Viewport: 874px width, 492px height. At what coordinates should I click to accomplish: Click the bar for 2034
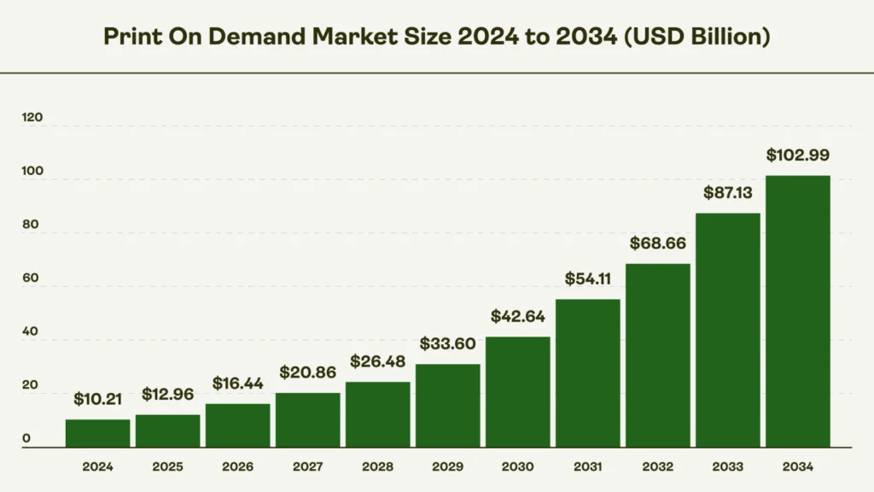point(797,311)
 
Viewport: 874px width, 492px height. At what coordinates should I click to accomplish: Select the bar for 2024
point(98,433)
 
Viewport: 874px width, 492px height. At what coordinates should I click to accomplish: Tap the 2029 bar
point(448,406)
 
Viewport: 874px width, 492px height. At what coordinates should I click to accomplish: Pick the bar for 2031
point(588,373)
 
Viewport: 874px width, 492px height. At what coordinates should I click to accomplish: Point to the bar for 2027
point(308,419)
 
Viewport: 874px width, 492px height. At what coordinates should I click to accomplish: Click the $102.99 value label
point(797,155)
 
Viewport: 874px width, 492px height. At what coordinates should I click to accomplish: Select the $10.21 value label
point(98,399)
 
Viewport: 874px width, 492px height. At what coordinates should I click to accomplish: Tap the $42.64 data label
point(518,316)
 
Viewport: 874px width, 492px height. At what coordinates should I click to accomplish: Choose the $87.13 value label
point(727,193)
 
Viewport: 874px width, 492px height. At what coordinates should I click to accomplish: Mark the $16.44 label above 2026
point(238,384)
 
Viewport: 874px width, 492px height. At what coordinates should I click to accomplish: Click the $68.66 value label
point(657,243)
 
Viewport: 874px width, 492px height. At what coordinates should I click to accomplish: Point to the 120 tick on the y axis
point(32,118)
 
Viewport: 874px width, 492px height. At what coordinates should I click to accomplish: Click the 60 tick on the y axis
point(31,279)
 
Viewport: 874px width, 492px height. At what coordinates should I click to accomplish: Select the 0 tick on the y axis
point(26,439)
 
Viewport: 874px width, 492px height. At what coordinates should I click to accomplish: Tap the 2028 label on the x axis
point(378,467)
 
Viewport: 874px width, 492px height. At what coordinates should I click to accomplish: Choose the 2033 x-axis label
point(727,467)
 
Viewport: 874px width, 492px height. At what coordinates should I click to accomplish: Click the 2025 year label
point(168,467)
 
